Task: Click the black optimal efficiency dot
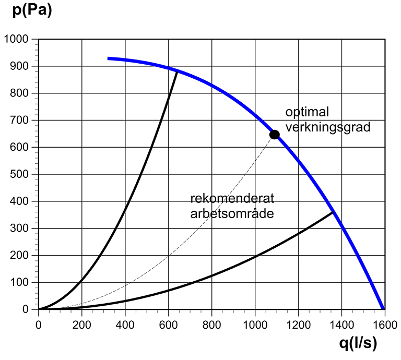point(274,135)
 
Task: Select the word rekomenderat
point(224,199)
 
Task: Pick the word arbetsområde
point(232,213)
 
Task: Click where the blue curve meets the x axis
point(384,309)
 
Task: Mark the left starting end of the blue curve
point(109,58)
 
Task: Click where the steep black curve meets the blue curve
point(178,70)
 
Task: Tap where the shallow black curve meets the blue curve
point(333,212)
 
